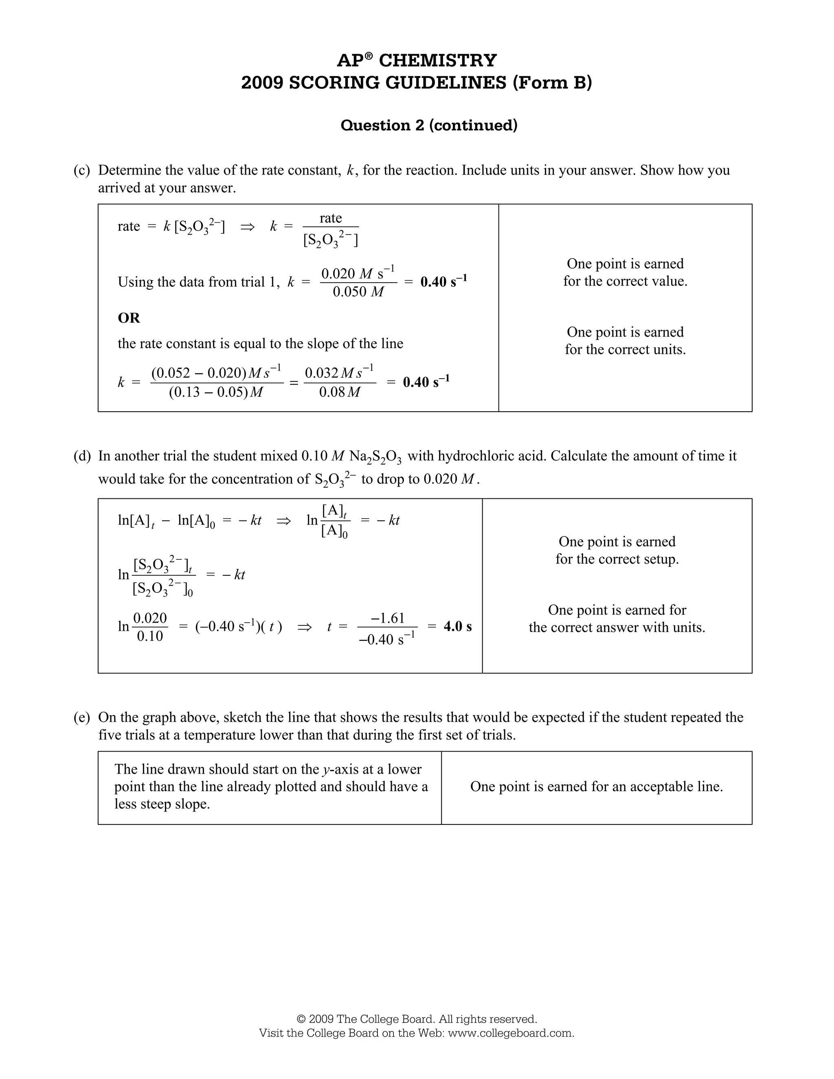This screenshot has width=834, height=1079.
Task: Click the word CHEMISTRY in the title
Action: click(437, 60)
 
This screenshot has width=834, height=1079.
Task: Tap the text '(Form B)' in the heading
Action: click(552, 83)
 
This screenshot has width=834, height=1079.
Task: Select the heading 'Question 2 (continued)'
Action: click(429, 125)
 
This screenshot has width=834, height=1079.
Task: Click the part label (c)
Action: click(82, 171)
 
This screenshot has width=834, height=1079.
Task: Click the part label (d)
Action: click(82, 456)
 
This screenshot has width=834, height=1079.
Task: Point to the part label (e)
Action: click(82, 717)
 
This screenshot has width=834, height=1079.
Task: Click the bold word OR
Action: click(128, 318)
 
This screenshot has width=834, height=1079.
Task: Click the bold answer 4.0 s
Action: click(457, 627)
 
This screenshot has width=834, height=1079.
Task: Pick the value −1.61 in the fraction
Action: click(388, 618)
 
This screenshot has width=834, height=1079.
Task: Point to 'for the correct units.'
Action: click(625, 350)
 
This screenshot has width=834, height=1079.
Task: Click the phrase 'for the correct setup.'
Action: click(617, 559)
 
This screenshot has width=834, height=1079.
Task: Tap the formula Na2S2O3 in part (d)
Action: click(375, 457)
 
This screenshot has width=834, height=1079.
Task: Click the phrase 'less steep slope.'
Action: click(162, 804)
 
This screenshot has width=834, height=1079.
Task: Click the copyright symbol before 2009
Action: click(301, 1019)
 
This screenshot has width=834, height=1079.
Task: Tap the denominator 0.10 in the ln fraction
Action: click(150, 636)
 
